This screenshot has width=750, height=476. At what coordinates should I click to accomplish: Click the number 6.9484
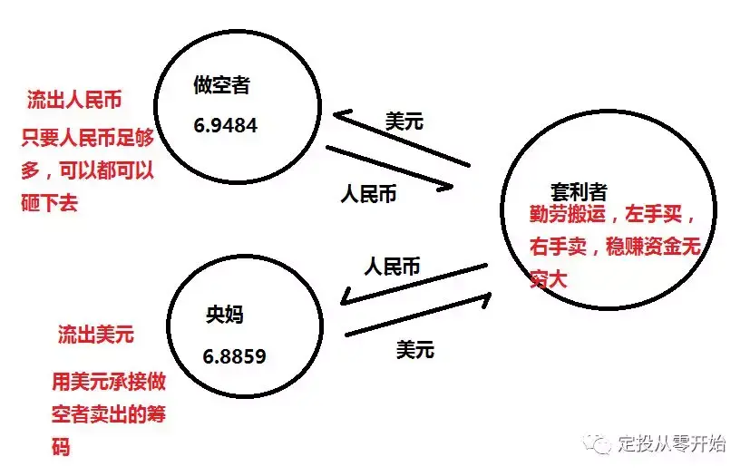225,126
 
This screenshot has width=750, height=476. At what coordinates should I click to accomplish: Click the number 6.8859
234,356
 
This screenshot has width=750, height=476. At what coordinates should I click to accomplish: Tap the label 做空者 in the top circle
221,86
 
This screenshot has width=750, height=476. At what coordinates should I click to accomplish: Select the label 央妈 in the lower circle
225,316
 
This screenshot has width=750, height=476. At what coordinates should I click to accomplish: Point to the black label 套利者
579,192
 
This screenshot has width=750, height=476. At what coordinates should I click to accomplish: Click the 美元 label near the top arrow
404,121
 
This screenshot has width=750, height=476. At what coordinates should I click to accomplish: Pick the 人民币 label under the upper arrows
369,194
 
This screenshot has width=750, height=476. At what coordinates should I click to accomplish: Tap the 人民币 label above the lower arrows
393,267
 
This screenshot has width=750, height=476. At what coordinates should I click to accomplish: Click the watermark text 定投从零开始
672,444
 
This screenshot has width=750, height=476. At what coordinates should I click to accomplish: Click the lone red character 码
61,447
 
